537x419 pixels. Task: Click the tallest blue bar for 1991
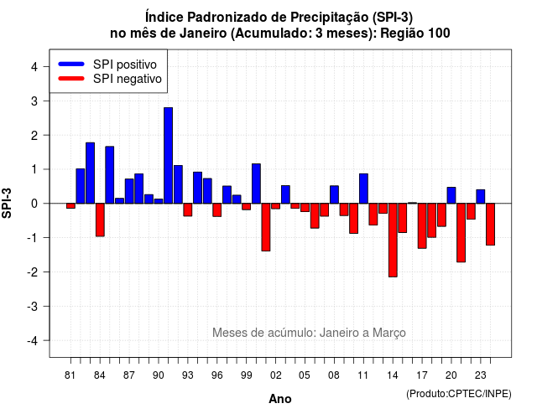click(168, 156)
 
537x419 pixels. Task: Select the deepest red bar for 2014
click(393, 241)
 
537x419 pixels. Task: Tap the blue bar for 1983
click(90, 173)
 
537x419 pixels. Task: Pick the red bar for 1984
click(100, 220)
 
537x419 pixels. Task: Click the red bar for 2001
click(266, 227)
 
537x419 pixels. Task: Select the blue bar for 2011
click(363, 189)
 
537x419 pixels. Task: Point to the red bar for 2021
click(461, 233)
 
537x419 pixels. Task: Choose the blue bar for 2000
click(256, 184)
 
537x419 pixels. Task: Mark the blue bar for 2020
click(451, 195)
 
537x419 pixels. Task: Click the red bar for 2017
click(422, 225)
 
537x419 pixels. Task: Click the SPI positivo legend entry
click(107, 65)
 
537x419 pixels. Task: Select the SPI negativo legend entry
click(110, 79)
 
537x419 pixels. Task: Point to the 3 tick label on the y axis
click(34, 101)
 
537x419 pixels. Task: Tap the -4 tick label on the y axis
click(33, 340)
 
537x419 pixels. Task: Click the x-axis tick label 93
click(188, 375)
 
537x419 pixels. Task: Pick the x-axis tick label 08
click(334, 375)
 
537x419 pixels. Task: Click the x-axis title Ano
click(280, 399)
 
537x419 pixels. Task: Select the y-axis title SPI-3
click(7, 203)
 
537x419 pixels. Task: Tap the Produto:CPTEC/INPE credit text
click(459, 394)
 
